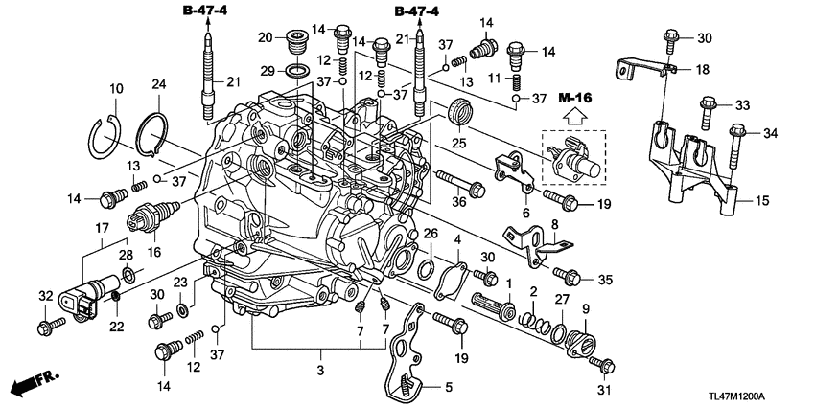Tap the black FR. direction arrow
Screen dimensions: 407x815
click(x=35, y=383)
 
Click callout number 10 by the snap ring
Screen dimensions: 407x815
click(x=116, y=89)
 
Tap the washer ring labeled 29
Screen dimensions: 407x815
click(x=298, y=71)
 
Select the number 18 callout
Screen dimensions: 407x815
click(x=704, y=69)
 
